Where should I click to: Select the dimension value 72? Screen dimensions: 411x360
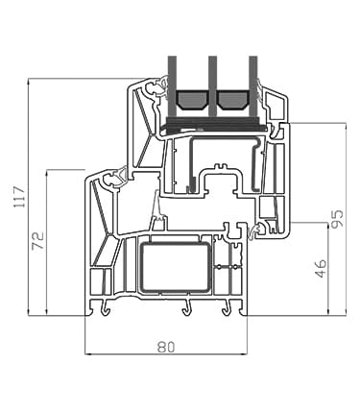pyautogui.click(x=37, y=241)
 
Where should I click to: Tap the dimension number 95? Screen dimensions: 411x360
pyautogui.click(x=336, y=219)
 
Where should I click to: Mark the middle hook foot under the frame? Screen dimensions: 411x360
pyautogui.click(x=185, y=308)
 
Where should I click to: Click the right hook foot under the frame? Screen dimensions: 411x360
pyautogui.click(x=228, y=308)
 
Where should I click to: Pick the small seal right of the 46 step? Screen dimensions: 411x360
pyautogui.click(x=256, y=231)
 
